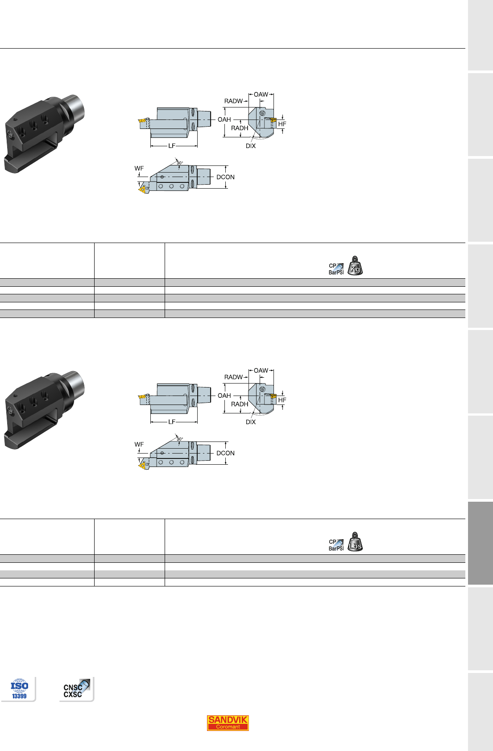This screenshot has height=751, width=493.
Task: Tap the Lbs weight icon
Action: (355, 542)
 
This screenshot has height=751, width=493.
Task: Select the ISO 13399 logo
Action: (19, 689)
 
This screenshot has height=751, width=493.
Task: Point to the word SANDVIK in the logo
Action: (228, 719)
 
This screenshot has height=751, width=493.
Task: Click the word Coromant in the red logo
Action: (228, 727)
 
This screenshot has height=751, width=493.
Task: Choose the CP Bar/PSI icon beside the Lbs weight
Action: (336, 545)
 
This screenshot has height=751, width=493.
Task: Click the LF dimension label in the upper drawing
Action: (172, 146)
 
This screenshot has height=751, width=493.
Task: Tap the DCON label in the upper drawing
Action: (225, 177)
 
